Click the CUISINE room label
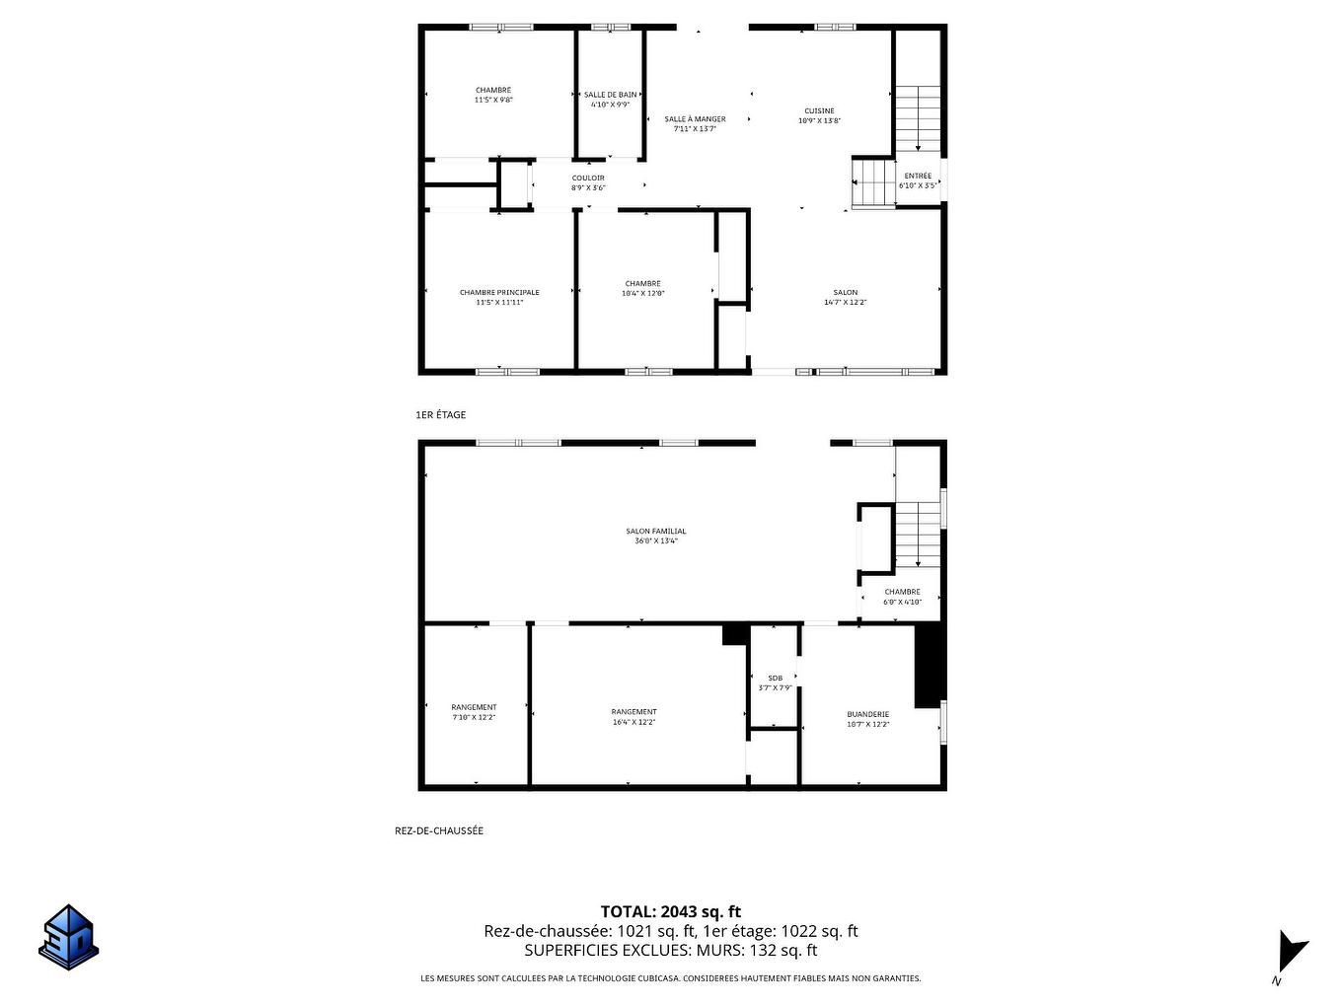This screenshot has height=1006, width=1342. pyautogui.click(x=819, y=110)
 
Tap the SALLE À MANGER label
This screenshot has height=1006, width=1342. pyautogui.click(x=695, y=119)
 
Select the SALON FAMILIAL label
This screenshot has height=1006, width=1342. pyautogui.click(x=655, y=531)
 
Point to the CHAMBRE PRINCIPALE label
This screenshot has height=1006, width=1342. pyautogui.click(x=499, y=292)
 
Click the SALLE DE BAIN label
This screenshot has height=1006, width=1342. pyautogui.click(x=610, y=95)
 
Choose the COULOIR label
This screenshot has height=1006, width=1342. pyautogui.click(x=588, y=179)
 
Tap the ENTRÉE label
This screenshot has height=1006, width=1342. pyautogui.click(x=917, y=177)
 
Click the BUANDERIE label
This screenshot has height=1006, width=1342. pyautogui.click(x=867, y=714)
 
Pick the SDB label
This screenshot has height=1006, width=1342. pyautogui.click(x=775, y=678)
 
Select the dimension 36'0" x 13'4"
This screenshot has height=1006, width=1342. pyautogui.click(x=655, y=541)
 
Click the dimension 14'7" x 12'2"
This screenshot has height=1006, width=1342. pyautogui.click(x=845, y=303)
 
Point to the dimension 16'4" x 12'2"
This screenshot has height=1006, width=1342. pyautogui.click(x=634, y=722)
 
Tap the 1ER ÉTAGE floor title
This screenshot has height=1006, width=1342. pyautogui.click(x=441, y=415)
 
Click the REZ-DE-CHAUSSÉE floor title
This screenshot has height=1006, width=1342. pyautogui.click(x=439, y=830)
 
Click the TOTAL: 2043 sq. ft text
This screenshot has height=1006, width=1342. pyautogui.click(x=671, y=911)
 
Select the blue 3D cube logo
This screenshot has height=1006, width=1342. pyautogui.click(x=69, y=937)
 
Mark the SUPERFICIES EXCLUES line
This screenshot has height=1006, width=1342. pyautogui.click(x=671, y=951)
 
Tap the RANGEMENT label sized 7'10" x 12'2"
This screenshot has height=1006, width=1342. pyautogui.click(x=474, y=707)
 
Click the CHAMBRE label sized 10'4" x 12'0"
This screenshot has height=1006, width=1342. pyautogui.click(x=642, y=284)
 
